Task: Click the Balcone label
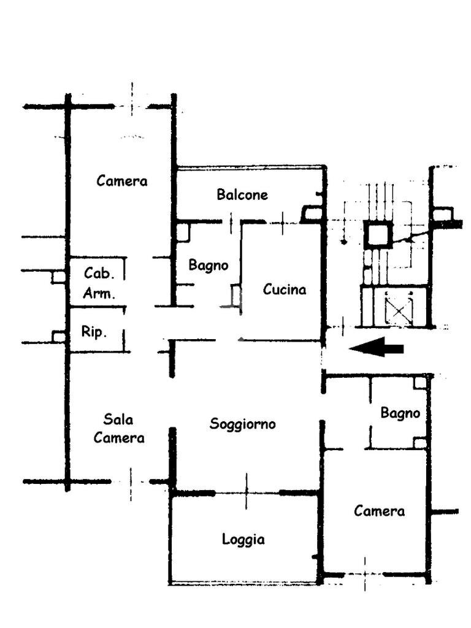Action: pyautogui.click(x=242, y=194)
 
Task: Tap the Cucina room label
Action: pyautogui.click(x=285, y=289)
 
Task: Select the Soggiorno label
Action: pyautogui.click(x=243, y=424)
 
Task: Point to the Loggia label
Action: pyautogui.click(x=243, y=539)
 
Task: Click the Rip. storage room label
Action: pyautogui.click(x=94, y=332)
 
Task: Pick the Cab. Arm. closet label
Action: pyautogui.click(x=99, y=283)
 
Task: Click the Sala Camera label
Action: pyautogui.click(x=119, y=429)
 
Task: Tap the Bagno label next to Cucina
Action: pyautogui.click(x=209, y=265)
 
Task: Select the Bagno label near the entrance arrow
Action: pyautogui.click(x=400, y=413)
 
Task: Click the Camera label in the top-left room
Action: pyautogui.click(x=122, y=181)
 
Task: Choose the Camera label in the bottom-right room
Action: pyautogui.click(x=379, y=511)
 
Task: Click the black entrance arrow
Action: pyautogui.click(x=377, y=347)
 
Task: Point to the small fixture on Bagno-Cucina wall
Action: pyautogui.click(x=236, y=296)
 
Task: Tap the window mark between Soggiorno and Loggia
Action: pyautogui.click(x=247, y=491)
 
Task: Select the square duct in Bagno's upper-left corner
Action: pyautogui.click(x=183, y=232)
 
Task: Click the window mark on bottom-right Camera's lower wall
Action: pyautogui.click(x=365, y=574)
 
